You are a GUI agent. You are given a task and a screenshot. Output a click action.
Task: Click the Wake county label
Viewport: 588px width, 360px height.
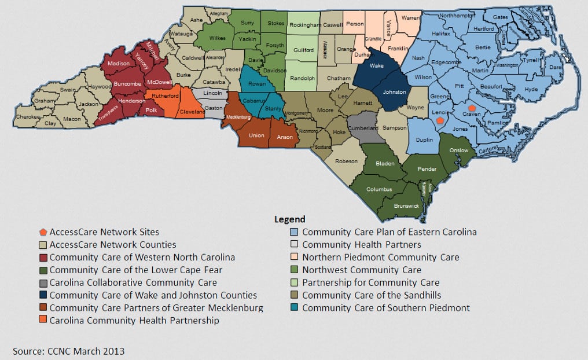pos(377,65)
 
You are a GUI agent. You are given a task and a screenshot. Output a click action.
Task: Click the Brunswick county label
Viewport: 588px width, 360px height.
pos(406,205)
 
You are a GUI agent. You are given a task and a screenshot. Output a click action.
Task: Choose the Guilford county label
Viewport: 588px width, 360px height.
pos(304,50)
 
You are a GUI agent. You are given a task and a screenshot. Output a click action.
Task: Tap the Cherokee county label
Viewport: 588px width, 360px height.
pos(28,116)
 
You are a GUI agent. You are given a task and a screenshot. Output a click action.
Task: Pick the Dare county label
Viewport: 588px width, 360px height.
pos(555,67)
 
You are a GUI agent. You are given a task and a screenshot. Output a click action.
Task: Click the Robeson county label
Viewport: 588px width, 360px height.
pos(347,161)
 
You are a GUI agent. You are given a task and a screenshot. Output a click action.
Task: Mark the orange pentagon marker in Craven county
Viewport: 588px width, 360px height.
pos(472,108)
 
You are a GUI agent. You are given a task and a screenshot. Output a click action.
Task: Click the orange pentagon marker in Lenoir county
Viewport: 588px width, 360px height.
pos(440,120)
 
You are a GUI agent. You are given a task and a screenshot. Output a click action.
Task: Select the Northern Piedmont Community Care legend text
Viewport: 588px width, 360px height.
pos(380,257)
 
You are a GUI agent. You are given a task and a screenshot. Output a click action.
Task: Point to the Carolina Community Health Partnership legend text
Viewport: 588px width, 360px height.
pos(134,320)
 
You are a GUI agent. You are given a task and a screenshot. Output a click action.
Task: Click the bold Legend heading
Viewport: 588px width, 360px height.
pos(289,219)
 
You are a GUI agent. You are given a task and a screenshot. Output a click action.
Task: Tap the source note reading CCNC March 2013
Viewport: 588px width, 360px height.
pos(69,351)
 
